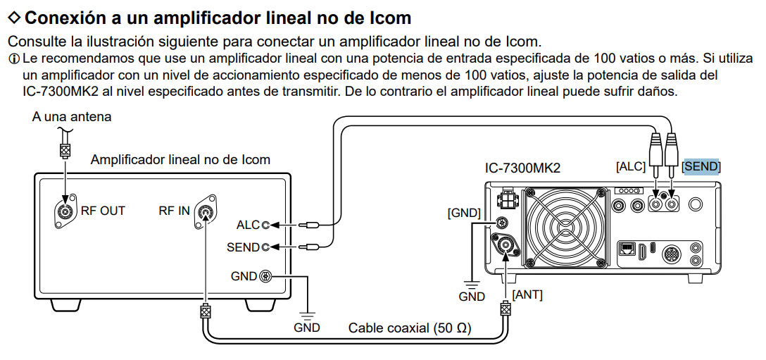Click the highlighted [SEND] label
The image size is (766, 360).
click(701, 166)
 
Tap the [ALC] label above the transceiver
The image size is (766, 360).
click(630, 166)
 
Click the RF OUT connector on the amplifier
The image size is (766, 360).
click(65, 211)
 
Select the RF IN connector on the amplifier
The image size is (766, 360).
click(206, 211)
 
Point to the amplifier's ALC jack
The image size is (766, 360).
click(265, 225)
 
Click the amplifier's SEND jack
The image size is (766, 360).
click(265, 247)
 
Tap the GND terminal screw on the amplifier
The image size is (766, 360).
click(266, 276)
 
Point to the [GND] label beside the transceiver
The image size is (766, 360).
click(463, 212)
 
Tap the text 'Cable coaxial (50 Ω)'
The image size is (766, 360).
click(410, 328)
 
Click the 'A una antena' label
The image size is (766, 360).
click(72, 116)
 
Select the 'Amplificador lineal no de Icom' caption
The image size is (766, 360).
click(180, 159)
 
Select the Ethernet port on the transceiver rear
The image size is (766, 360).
click(627, 248)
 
